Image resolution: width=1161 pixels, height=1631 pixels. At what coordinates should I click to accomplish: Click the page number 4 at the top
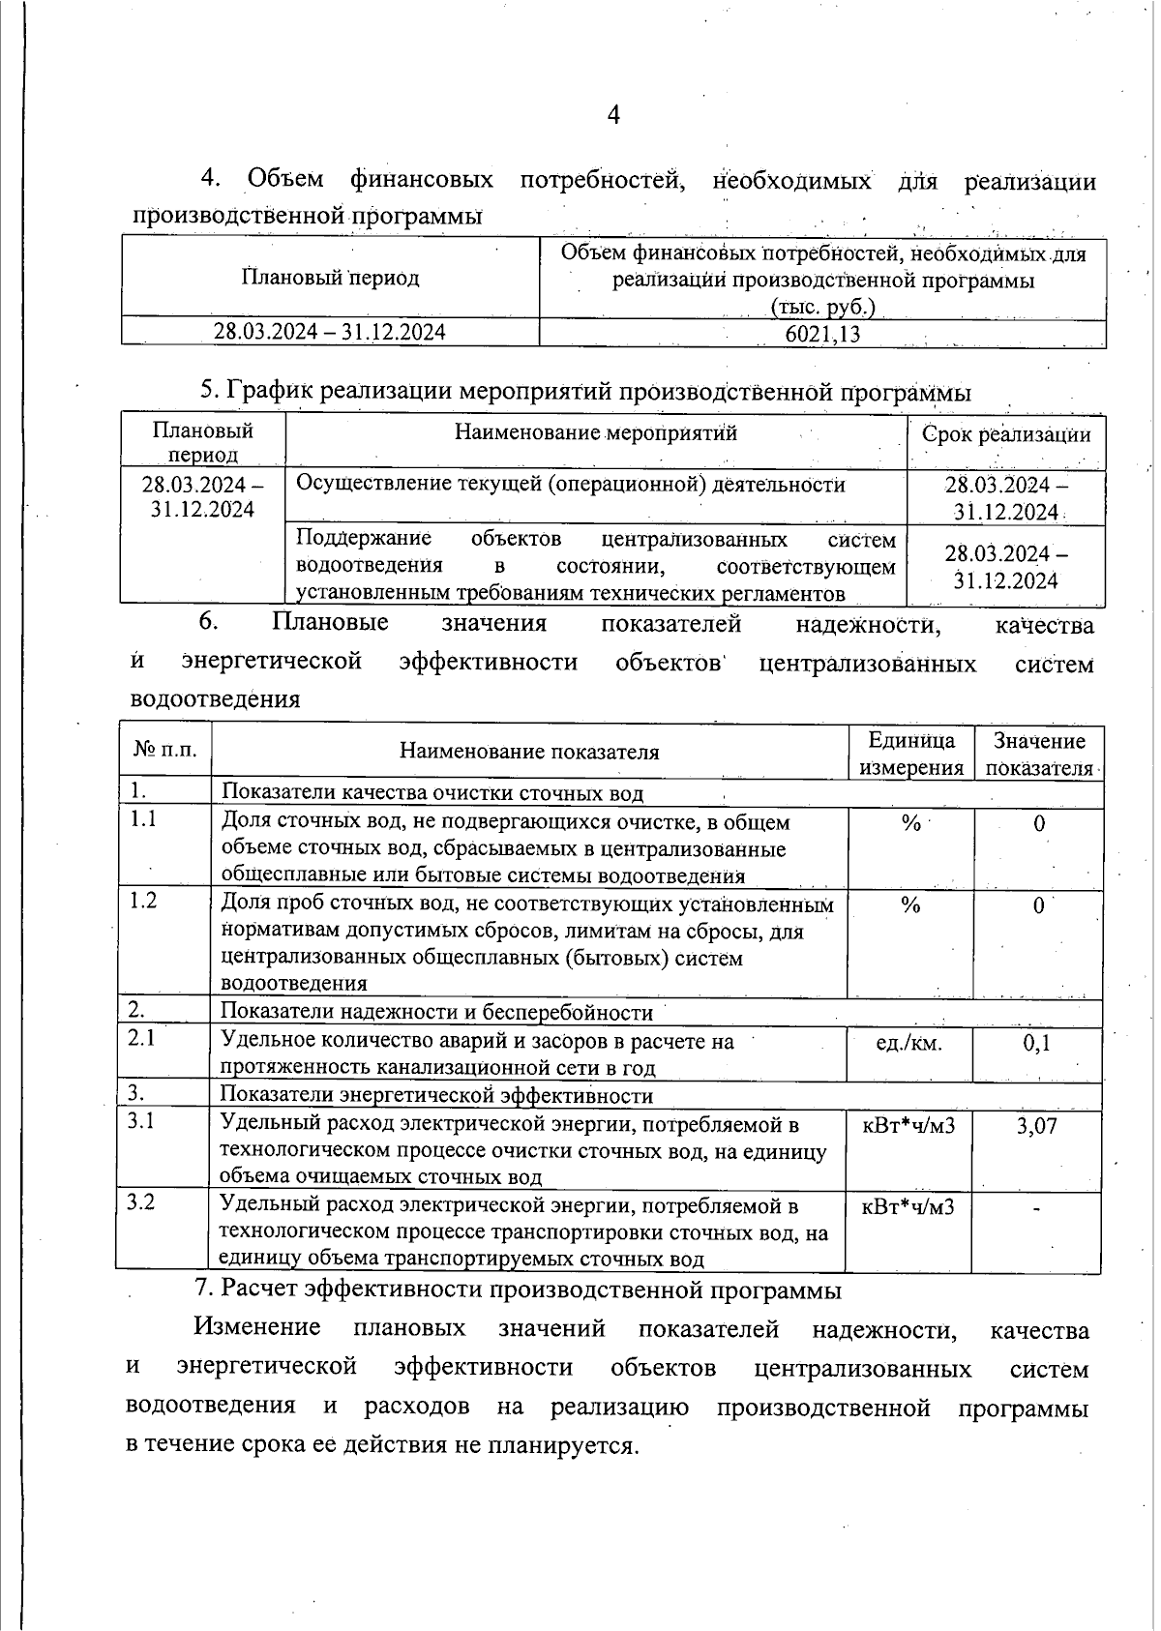coord(612,115)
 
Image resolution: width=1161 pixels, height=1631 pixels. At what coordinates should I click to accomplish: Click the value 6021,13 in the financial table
coord(822,334)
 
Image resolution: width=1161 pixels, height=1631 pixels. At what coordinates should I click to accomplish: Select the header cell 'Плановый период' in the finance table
coord(330,279)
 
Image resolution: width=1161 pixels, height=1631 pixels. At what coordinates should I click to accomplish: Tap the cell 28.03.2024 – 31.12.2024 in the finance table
coord(330,333)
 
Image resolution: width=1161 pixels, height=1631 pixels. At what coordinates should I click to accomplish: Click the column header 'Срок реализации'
coord(1006,434)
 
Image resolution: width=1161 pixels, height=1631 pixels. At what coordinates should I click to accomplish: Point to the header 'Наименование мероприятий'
coord(596,432)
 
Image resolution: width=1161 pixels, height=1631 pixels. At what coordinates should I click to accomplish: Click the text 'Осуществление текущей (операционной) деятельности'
coord(571,485)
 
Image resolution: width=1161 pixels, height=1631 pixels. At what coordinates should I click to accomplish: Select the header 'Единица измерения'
coord(911,754)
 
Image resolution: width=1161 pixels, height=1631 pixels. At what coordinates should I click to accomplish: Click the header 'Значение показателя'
coord(1039,754)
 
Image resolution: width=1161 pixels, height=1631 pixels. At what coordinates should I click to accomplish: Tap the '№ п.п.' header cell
coord(164,750)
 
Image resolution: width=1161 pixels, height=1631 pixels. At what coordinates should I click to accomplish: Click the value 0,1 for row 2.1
coord(1036,1043)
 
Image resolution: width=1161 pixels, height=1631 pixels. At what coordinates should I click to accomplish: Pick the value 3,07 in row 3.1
coord(1036,1126)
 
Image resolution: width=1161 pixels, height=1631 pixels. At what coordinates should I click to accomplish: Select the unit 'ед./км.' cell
coord(908,1043)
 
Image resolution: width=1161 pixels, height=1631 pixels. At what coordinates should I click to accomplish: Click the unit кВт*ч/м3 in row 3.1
coord(908,1126)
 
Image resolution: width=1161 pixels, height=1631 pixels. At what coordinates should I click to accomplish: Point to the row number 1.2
coord(144,901)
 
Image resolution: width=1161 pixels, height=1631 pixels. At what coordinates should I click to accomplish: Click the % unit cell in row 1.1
coord(910,823)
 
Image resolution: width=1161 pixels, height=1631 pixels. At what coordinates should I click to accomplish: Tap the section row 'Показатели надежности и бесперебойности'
coord(437,1012)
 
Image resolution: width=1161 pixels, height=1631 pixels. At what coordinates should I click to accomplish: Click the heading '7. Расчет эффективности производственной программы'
coord(518,1290)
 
